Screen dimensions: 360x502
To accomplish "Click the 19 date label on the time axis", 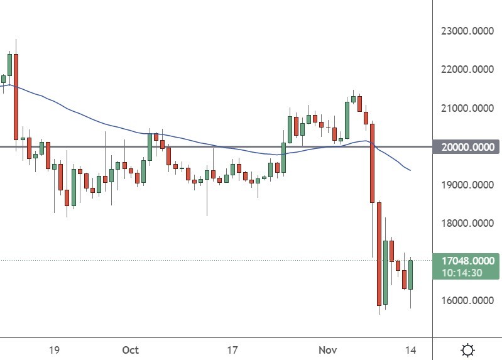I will point(54,349).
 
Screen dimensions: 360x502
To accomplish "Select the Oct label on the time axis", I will point(130,349).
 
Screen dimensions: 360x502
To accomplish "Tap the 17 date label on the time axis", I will point(232,349).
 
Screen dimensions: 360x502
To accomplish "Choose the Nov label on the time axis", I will point(327,349).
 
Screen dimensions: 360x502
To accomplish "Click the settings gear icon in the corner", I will point(467,349).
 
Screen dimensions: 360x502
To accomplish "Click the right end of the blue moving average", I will point(410,170).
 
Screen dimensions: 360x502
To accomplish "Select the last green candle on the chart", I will point(410,275).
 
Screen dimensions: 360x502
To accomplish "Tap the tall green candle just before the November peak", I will point(347,119).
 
